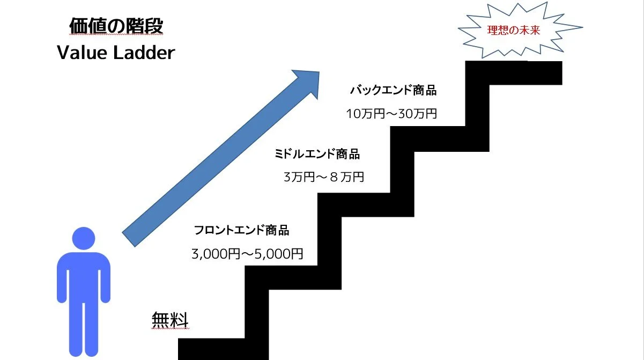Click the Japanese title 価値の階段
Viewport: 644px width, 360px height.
click(x=116, y=26)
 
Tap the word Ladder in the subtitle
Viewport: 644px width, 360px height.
click(x=145, y=53)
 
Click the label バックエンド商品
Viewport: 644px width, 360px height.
click(x=393, y=90)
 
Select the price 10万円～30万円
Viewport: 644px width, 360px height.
click(x=391, y=114)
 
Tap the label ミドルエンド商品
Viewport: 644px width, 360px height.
click(x=317, y=155)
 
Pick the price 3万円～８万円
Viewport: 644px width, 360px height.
click(x=323, y=177)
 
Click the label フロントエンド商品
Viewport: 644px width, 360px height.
click(x=242, y=231)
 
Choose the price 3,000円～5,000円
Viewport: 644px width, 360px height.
click(x=247, y=253)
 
